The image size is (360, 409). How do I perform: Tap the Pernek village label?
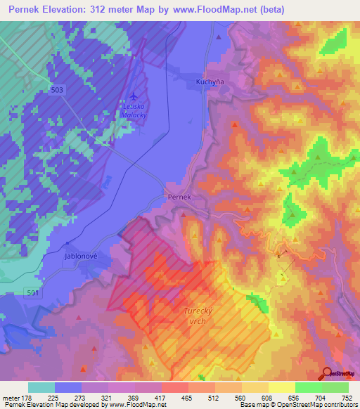[179, 197]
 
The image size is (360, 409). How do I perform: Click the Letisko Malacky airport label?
[134, 109]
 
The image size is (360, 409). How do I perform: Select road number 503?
[58, 89]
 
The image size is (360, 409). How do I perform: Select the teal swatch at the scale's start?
[41, 387]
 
